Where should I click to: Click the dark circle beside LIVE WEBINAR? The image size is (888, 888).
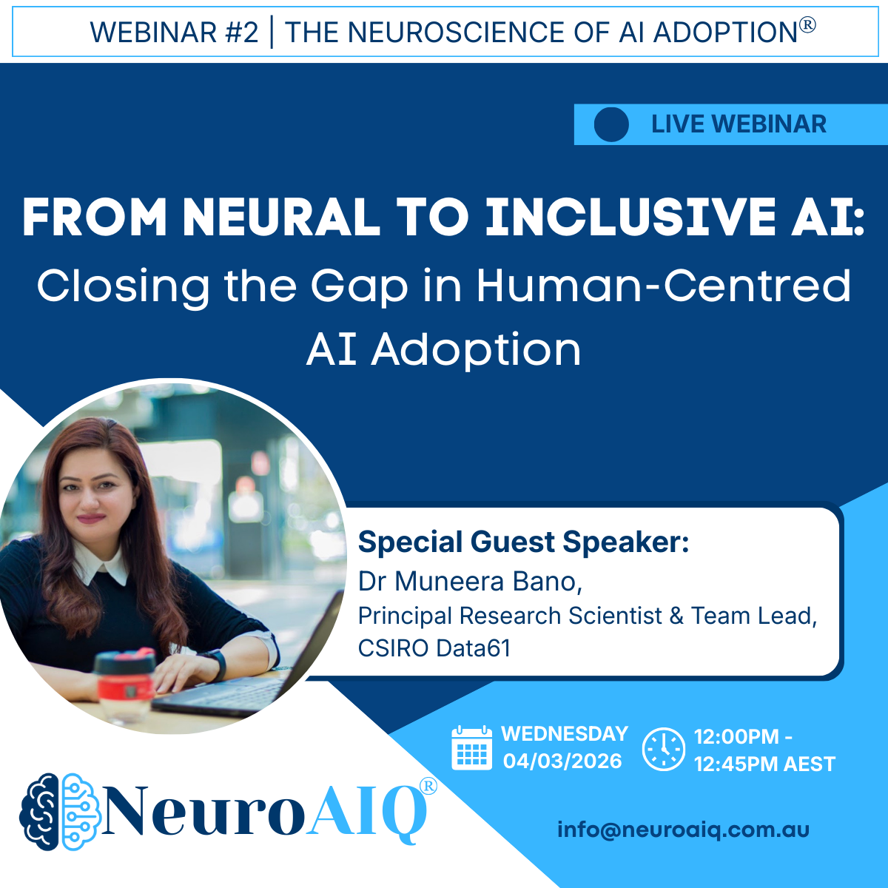click(611, 124)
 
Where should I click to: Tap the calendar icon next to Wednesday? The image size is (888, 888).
click(472, 747)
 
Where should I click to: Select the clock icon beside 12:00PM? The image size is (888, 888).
click(664, 749)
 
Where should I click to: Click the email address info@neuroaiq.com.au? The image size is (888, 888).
click(684, 830)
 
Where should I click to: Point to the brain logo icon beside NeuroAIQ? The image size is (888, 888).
click(60, 812)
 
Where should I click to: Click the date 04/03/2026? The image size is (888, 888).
click(562, 761)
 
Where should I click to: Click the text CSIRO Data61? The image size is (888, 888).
click(434, 648)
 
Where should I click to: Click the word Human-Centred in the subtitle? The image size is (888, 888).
click(664, 286)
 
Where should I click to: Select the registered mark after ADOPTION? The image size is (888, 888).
click(807, 24)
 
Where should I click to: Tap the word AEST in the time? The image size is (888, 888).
click(810, 764)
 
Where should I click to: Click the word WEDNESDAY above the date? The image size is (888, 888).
click(565, 734)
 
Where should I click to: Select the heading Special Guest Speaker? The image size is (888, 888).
click(523, 542)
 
